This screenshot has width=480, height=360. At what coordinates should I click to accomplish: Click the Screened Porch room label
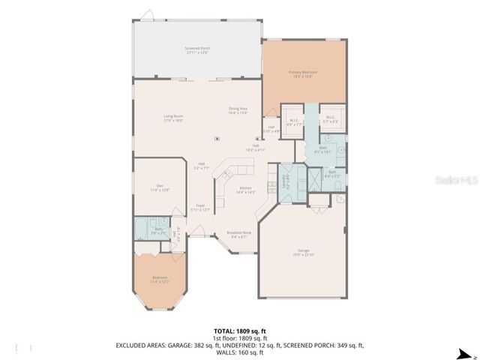pyautogui.click(x=197, y=49)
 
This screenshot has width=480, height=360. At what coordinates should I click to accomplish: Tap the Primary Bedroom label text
pyautogui.click(x=304, y=73)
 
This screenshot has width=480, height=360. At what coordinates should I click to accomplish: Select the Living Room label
pyautogui.click(x=174, y=118)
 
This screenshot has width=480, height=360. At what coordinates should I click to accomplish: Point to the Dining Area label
pyautogui.click(x=239, y=111)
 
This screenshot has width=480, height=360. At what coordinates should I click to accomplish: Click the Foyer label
pyautogui.click(x=200, y=207)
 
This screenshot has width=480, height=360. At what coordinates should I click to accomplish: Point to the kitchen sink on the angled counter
pyautogui.click(x=223, y=177)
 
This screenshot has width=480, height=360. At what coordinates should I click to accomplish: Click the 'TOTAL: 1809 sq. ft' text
pyautogui.click(x=239, y=330)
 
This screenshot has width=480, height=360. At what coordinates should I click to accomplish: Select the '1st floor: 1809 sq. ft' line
pyautogui.click(x=239, y=337)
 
